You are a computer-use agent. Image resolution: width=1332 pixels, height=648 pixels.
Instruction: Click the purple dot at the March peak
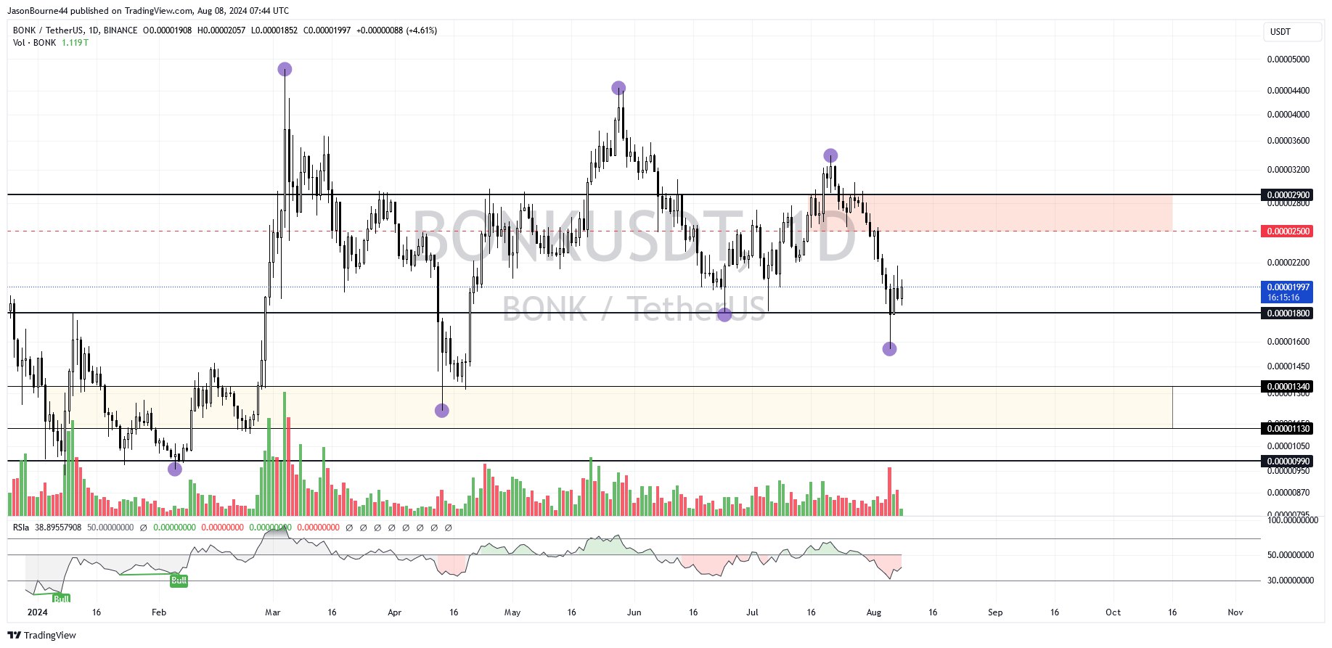pyautogui.click(x=285, y=70)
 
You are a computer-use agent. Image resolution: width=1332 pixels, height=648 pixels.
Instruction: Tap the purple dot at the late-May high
pyautogui.click(x=618, y=89)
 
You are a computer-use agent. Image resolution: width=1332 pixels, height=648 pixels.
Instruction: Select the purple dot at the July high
pyautogui.click(x=830, y=155)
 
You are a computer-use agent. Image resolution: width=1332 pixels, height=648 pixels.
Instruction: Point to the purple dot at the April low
pyautogui.click(x=442, y=411)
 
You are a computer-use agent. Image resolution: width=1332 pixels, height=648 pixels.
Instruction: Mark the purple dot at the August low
pyautogui.click(x=889, y=349)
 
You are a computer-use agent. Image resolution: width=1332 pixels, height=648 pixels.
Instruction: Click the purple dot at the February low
pyautogui.click(x=175, y=469)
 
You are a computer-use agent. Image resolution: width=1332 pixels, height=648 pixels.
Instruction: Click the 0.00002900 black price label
pyautogui.click(x=1288, y=195)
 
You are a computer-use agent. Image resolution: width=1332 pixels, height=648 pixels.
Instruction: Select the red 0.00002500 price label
pyautogui.click(x=1288, y=231)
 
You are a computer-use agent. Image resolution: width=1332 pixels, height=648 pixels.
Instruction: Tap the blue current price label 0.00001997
pyautogui.click(x=1288, y=287)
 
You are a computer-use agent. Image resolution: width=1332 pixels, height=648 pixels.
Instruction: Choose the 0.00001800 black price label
pyautogui.click(x=1288, y=313)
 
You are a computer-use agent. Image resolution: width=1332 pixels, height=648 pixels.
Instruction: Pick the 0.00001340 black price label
pyautogui.click(x=1288, y=387)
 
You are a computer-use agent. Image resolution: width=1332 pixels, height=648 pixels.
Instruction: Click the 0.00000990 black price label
pyautogui.click(x=1288, y=462)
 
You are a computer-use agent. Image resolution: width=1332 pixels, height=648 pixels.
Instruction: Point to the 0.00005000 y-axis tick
pyautogui.click(x=1288, y=60)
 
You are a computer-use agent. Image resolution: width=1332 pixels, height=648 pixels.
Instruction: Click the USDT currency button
pyautogui.click(x=1281, y=32)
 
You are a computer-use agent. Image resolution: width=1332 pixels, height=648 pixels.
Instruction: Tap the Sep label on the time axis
pyautogui.click(x=995, y=612)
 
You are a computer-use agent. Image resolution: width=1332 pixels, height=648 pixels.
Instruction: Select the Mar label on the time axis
pyautogui.click(x=273, y=612)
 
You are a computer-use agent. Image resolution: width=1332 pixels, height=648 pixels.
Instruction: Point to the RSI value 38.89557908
pyautogui.click(x=58, y=528)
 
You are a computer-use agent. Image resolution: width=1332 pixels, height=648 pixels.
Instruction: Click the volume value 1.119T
pyautogui.click(x=75, y=43)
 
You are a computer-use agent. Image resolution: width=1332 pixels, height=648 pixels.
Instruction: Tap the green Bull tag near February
pyautogui.click(x=179, y=580)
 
